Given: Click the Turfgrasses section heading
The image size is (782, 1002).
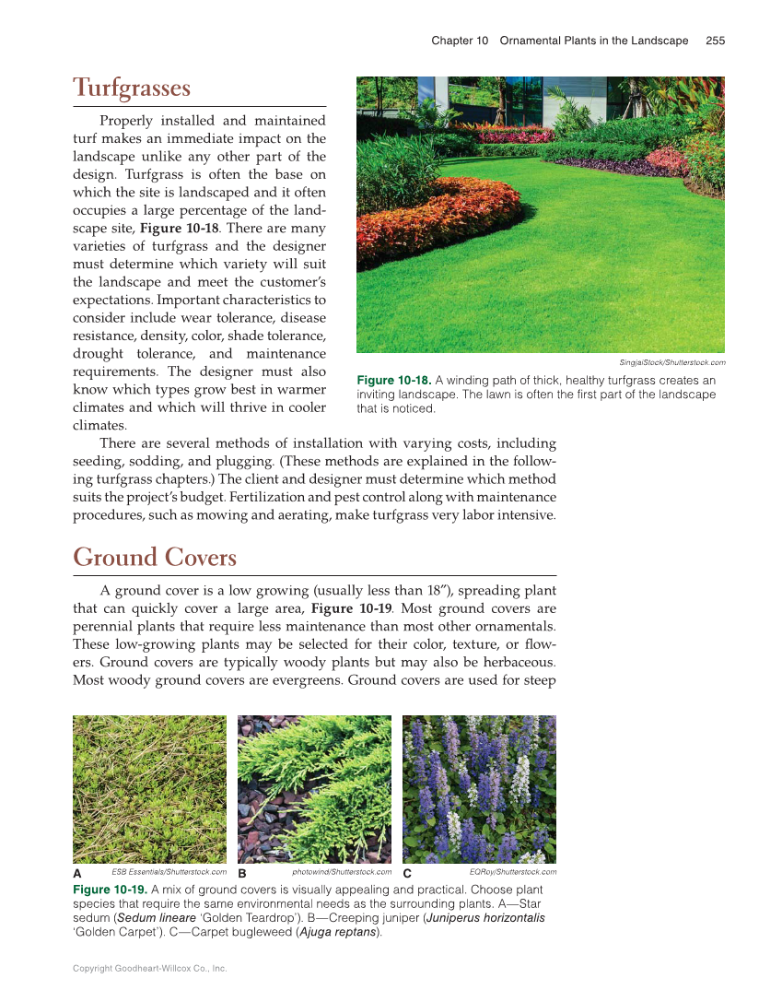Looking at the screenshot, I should coord(132,88).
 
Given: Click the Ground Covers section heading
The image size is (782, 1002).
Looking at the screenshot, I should coord(155,558).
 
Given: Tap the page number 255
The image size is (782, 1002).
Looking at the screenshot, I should coord(716,41).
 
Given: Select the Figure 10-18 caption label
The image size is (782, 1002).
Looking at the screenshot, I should coord(393,381).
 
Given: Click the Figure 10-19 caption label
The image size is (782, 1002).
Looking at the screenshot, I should coord(110,890).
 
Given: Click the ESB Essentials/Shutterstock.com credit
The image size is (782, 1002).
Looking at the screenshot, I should coord(169,871).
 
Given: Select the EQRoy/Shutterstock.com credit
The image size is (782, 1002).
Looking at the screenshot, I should coord(512,871).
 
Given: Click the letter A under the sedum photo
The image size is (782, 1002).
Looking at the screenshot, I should coord(77,873).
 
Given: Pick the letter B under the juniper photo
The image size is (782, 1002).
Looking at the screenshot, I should coord(242,873).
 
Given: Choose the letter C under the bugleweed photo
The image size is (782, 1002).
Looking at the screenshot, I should coord(406,873).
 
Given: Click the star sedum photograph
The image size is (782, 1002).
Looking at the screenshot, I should coord(149,789).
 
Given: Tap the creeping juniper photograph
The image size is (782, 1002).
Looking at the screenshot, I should coord(314,789).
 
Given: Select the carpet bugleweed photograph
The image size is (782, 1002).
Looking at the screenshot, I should coord(479,789).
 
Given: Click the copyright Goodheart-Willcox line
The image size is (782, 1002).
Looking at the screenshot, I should coord(149,969).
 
